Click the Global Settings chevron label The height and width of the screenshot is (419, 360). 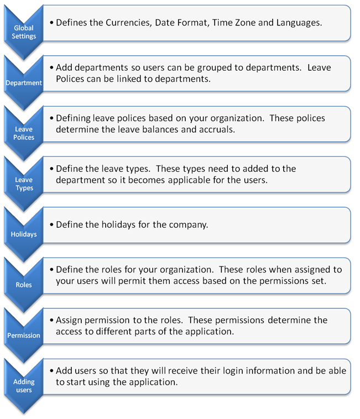24,32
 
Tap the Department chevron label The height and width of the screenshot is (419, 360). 24,83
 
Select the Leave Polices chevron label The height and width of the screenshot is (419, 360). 24,133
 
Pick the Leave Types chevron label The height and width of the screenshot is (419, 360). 24,184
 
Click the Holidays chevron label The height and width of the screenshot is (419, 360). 24,234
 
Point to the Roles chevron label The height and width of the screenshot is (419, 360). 24,285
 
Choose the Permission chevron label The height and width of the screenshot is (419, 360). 24,336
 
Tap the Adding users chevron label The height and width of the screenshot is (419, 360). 24,386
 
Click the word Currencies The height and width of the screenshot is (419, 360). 129,23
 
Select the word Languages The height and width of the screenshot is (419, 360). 299,23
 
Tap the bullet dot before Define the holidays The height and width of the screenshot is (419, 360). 51,225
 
